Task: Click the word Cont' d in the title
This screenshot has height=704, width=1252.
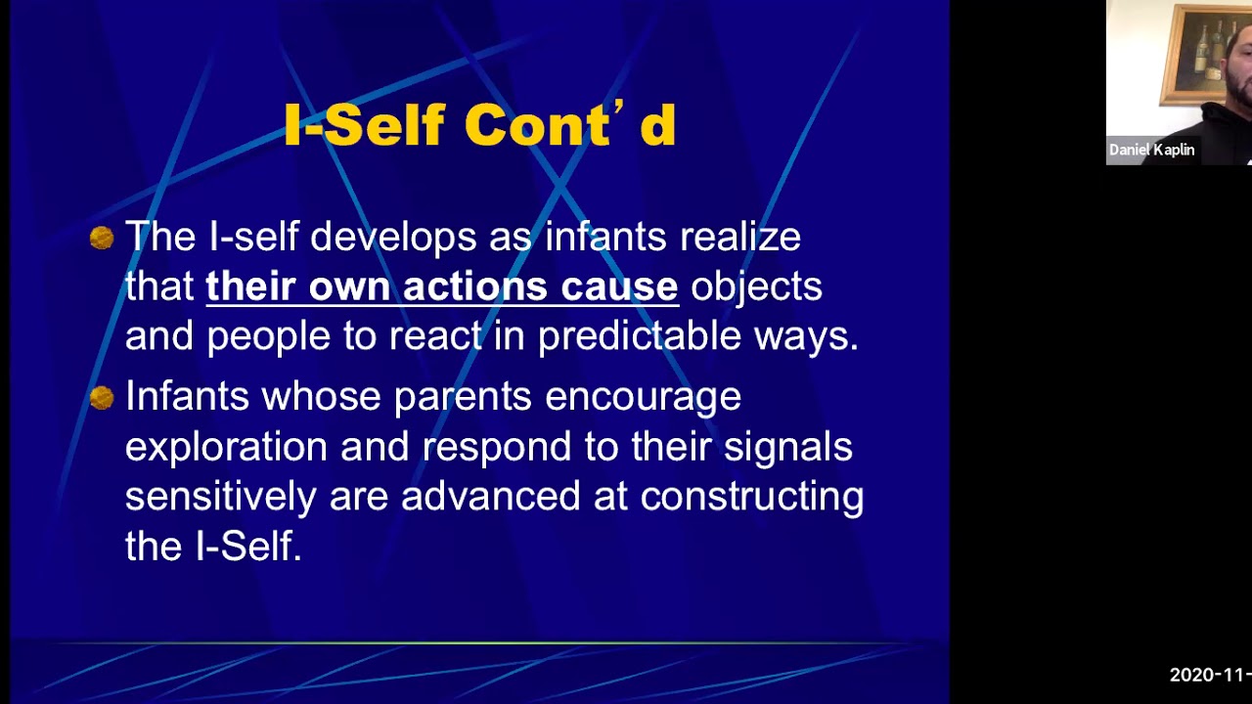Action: coord(569,126)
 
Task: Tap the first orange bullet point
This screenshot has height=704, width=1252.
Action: coord(102,238)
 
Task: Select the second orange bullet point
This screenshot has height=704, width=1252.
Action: coord(102,397)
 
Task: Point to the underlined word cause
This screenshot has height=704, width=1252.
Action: coord(619,286)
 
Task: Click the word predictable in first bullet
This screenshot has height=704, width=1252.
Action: coord(640,336)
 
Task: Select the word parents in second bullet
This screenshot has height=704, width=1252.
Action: coord(463,397)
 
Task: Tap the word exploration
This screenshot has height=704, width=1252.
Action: coord(226,448)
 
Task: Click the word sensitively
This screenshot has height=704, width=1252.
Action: coord(220,497)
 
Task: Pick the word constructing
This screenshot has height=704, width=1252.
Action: coord(751,497)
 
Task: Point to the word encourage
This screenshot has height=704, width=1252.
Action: coord(643,397)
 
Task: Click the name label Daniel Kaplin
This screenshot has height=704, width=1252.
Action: coord(1151,150)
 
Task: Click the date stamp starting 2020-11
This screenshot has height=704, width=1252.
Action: coord(1210,675)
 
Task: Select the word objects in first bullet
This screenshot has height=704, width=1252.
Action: coord(756,286)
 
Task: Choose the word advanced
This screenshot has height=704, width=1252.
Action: coord(491,497)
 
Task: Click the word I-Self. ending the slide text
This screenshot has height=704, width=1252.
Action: coord(248,547)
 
